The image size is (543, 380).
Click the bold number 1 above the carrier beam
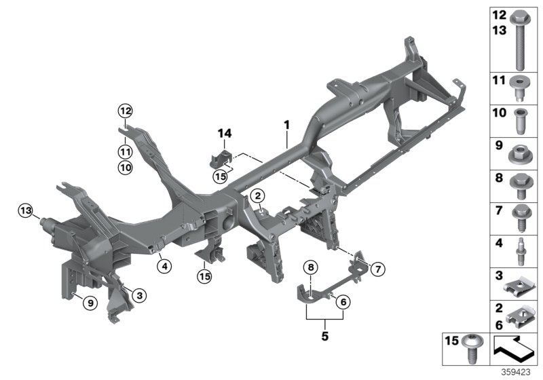(286, 125)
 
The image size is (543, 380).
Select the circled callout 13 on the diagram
(26, 212)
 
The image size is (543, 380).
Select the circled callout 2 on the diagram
(259, 196)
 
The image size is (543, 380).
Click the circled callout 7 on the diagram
(377, 270)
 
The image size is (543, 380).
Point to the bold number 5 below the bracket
(324, 335)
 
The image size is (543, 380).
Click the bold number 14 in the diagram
(225, 132)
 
